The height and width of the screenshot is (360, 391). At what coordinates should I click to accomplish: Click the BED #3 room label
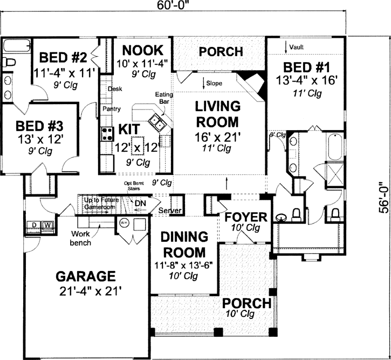click(x=39, y=126)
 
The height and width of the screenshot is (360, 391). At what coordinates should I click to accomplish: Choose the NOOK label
click(x=142, y=50)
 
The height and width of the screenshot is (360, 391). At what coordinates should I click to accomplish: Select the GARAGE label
click(x=86, y=276)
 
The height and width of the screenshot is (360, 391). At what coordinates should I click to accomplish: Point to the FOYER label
click(x=246, y=218)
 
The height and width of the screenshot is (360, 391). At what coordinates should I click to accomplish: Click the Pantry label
click(x=111, y=109)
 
